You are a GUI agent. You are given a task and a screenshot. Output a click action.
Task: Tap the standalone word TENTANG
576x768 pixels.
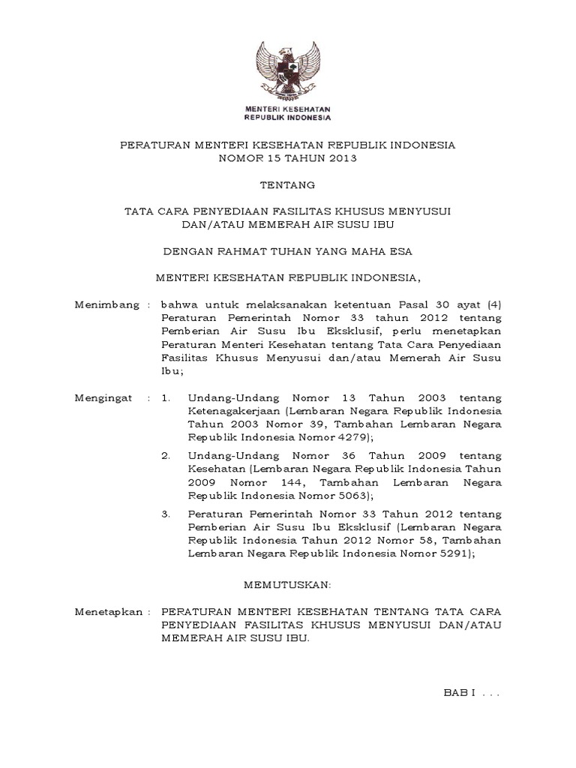coord(289,184)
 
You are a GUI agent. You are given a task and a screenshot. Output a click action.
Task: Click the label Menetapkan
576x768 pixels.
coord(109,613)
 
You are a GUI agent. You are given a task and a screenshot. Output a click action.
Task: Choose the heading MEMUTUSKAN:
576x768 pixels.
coord(288,583)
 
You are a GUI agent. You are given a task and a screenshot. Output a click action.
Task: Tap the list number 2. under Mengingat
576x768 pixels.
coord(166,455)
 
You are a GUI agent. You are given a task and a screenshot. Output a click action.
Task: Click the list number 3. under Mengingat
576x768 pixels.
coord(166,514)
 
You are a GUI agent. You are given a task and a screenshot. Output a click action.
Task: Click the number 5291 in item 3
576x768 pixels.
coord(454,553)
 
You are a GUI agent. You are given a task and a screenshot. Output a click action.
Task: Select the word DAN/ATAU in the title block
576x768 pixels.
coord(211,223)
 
